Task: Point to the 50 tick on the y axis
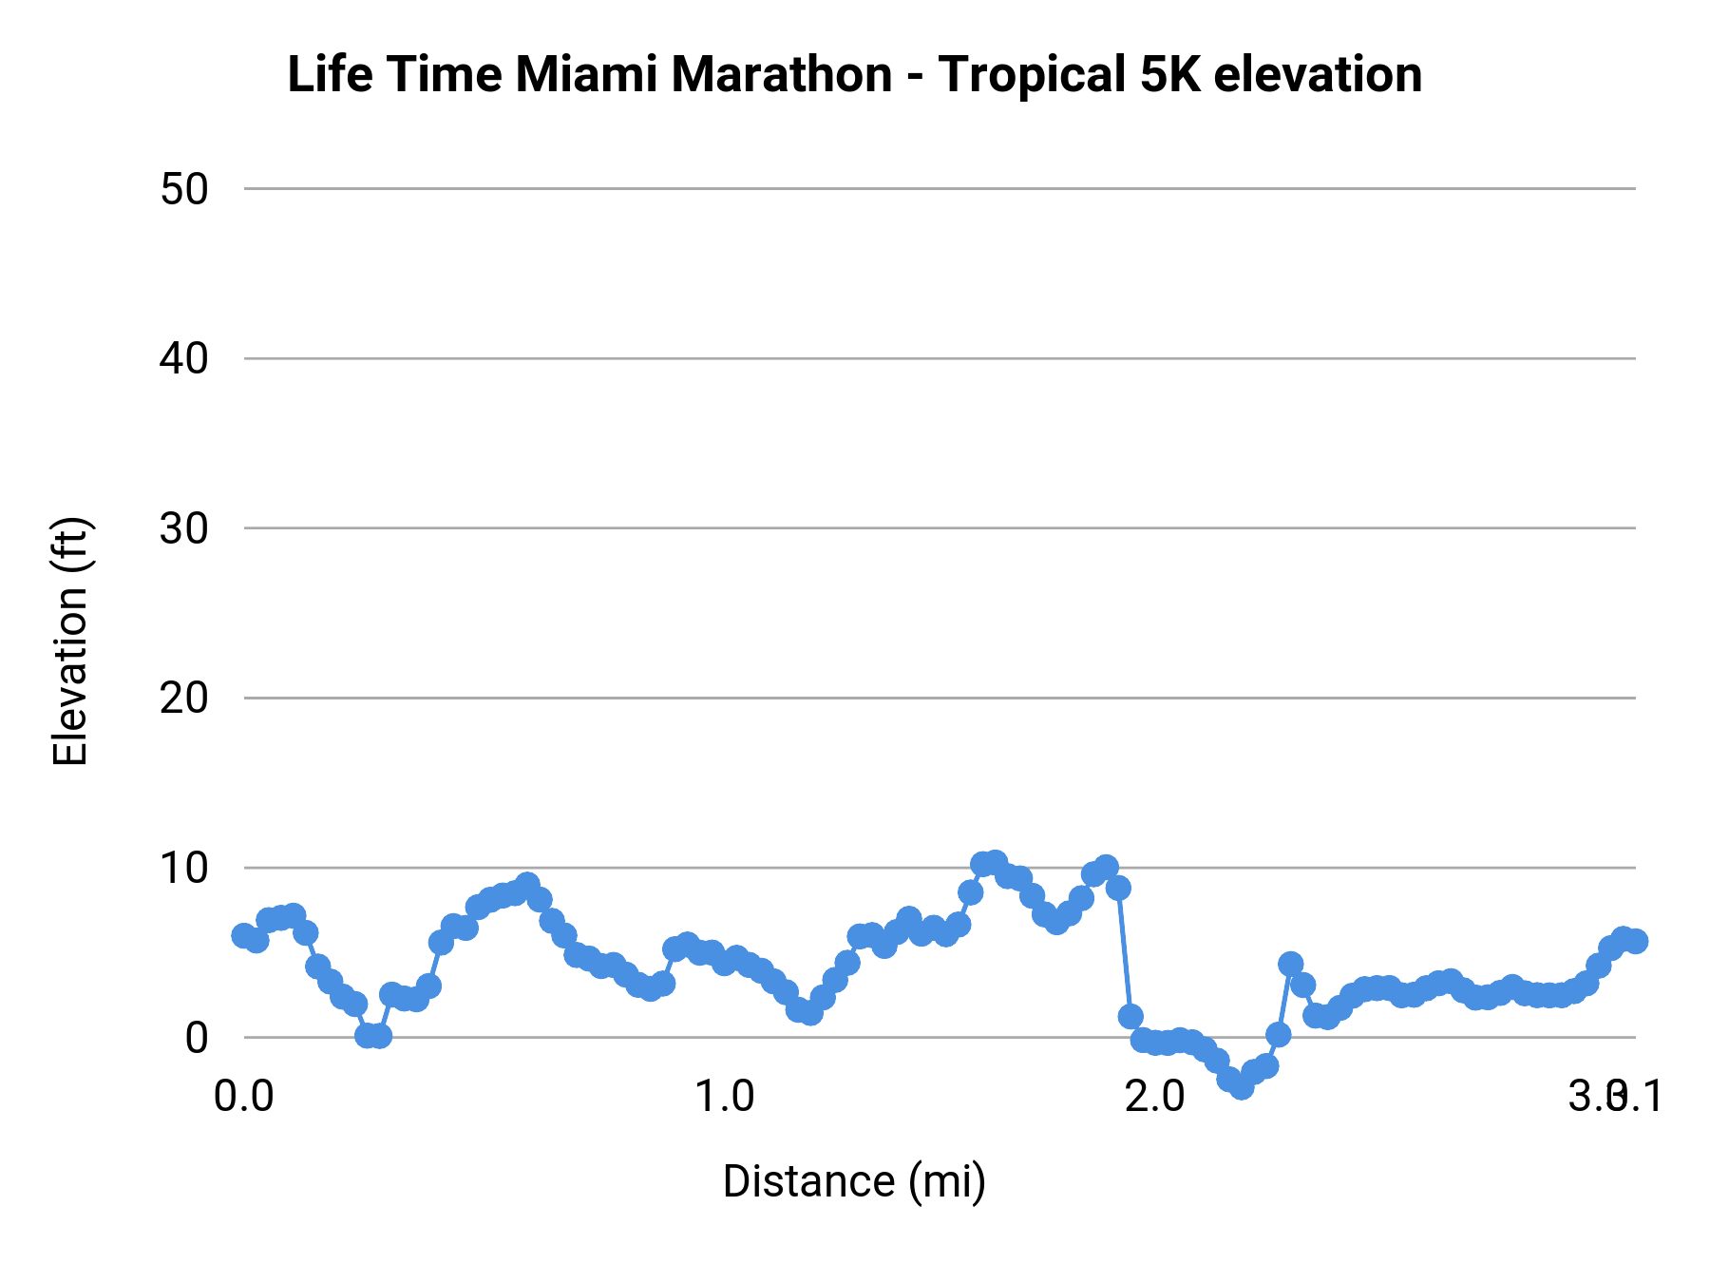pyautogui.click(x=183, y=189)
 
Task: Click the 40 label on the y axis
pyautogui.click(x=183, y=359)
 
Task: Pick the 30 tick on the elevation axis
pyautogui.click(x=183, y=528)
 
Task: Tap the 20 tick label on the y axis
pyautogui.click(x=183, y=699)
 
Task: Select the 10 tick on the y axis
pyautogui.click(x=183, y=868)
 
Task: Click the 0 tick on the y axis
pyautogui.click(x=197, y=1037)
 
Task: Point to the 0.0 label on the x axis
pyautogui.click(x=243, y=1096)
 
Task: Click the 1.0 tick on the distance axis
pyautogui.click(x=724, y=1096)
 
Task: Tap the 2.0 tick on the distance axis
pyautogui.click(x=1154, y=1096)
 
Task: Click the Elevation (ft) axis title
pyautogui.click(x=70, y=641)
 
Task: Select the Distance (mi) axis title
pyautogui.click(x=854, y=1181)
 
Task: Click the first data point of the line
pyautogui.click(x=244, y=935)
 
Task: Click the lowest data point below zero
pyautogui.click(x=1242, y=1086)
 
